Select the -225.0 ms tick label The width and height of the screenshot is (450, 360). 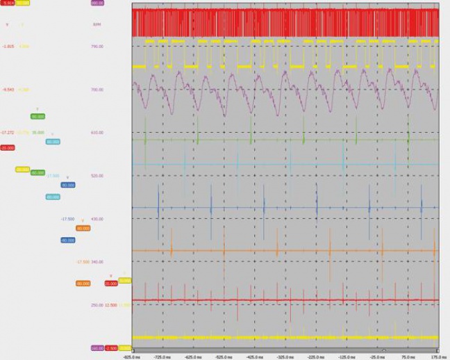click(x=317, y=354)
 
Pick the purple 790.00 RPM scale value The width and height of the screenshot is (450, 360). click(x=97, y=47)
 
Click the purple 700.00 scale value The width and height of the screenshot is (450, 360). click(x=97, y=90)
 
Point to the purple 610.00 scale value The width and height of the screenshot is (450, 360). click(x=97, y=133)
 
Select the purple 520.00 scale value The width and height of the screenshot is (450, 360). click(x=97, y=176)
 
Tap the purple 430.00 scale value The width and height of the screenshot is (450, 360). click(x=97, y=219)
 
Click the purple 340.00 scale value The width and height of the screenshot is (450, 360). click(x=97, y=262)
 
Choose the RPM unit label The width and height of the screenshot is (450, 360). click(x=97, y=24)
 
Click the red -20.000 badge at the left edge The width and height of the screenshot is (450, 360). click(x=8, y=148)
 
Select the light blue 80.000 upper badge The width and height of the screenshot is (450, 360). click(x=53, y=142)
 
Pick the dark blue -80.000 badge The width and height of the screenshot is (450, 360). click(x=68, y=240)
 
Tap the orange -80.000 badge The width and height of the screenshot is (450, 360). click(x=83, y=284)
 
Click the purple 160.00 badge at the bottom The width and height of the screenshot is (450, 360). click(x=97, y=348)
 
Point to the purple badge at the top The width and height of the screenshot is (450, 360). click(x=97, y=3)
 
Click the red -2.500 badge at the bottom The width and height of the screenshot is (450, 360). click(x=111, y=348)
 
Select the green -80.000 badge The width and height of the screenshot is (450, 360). click(x=37, y=172)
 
